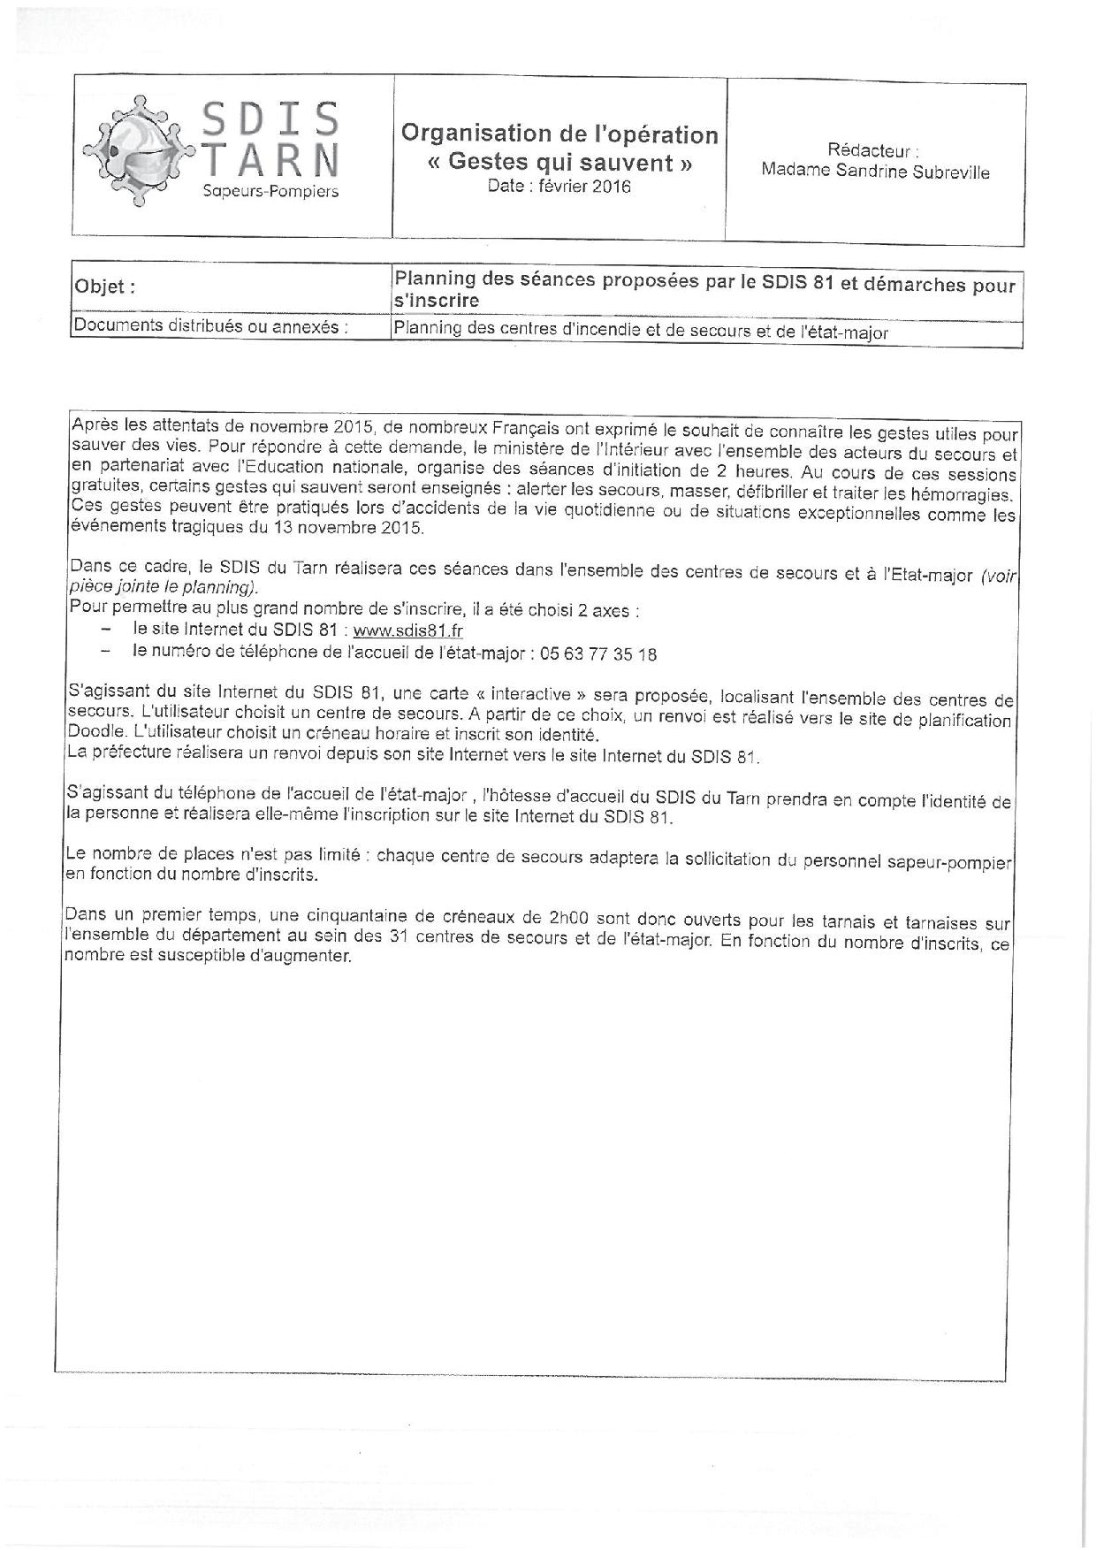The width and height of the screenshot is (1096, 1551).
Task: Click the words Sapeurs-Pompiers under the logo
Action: point(270,192)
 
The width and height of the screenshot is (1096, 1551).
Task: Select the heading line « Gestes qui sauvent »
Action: point(559,163)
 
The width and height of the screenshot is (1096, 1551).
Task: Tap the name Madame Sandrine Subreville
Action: point(875,172)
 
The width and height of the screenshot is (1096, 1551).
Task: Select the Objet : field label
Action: point(105,287)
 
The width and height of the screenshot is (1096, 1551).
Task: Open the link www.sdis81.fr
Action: point(407,630)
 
